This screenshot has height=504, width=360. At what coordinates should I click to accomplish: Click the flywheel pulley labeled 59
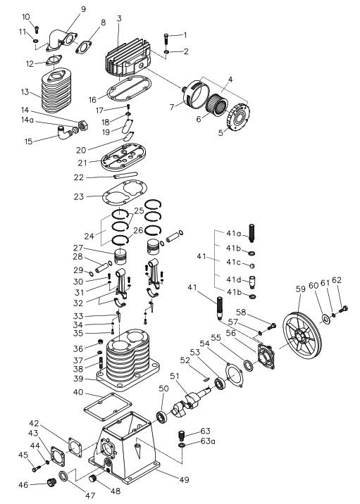point(302,338)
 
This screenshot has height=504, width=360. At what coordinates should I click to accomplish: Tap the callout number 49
point(185,480)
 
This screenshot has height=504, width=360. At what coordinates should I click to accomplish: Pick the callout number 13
point(25,92)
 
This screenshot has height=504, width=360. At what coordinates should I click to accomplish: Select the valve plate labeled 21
point(123,157)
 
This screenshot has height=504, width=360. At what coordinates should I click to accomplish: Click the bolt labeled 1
point(166,39)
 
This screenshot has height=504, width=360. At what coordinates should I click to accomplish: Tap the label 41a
point(233,234)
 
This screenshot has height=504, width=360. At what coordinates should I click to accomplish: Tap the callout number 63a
point(208,441)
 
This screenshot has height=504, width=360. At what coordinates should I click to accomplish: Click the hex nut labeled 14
point(83,125)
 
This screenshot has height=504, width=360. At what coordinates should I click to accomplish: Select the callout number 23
point(78,196)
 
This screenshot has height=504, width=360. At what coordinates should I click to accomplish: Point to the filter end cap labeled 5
point(239,116)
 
